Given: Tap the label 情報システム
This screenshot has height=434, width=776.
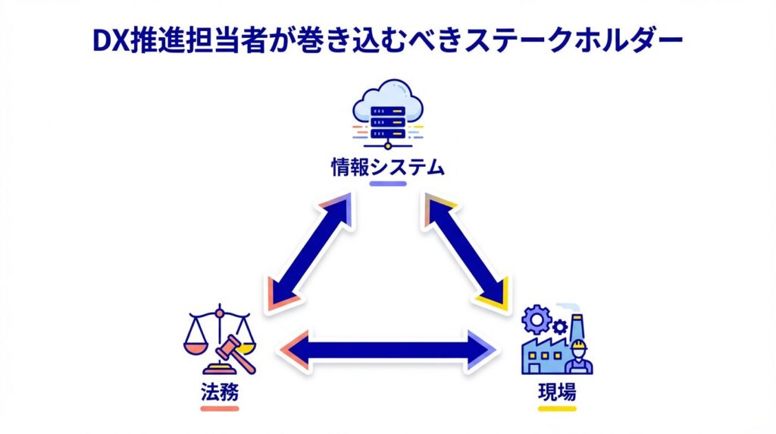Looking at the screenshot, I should [x=387, y=167].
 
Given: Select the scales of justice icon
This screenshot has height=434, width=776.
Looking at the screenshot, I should [x=220, y=338].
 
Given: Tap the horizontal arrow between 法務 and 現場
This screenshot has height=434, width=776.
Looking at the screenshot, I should [x=388, y=351].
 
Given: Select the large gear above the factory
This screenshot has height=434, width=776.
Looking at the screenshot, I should [x=537, y=319].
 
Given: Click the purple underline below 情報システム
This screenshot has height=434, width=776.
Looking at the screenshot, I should [x=387, y=184].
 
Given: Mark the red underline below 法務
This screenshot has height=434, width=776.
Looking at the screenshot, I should [x=220, y=408].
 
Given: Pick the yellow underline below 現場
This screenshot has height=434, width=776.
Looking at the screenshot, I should [x=557, y=408].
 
